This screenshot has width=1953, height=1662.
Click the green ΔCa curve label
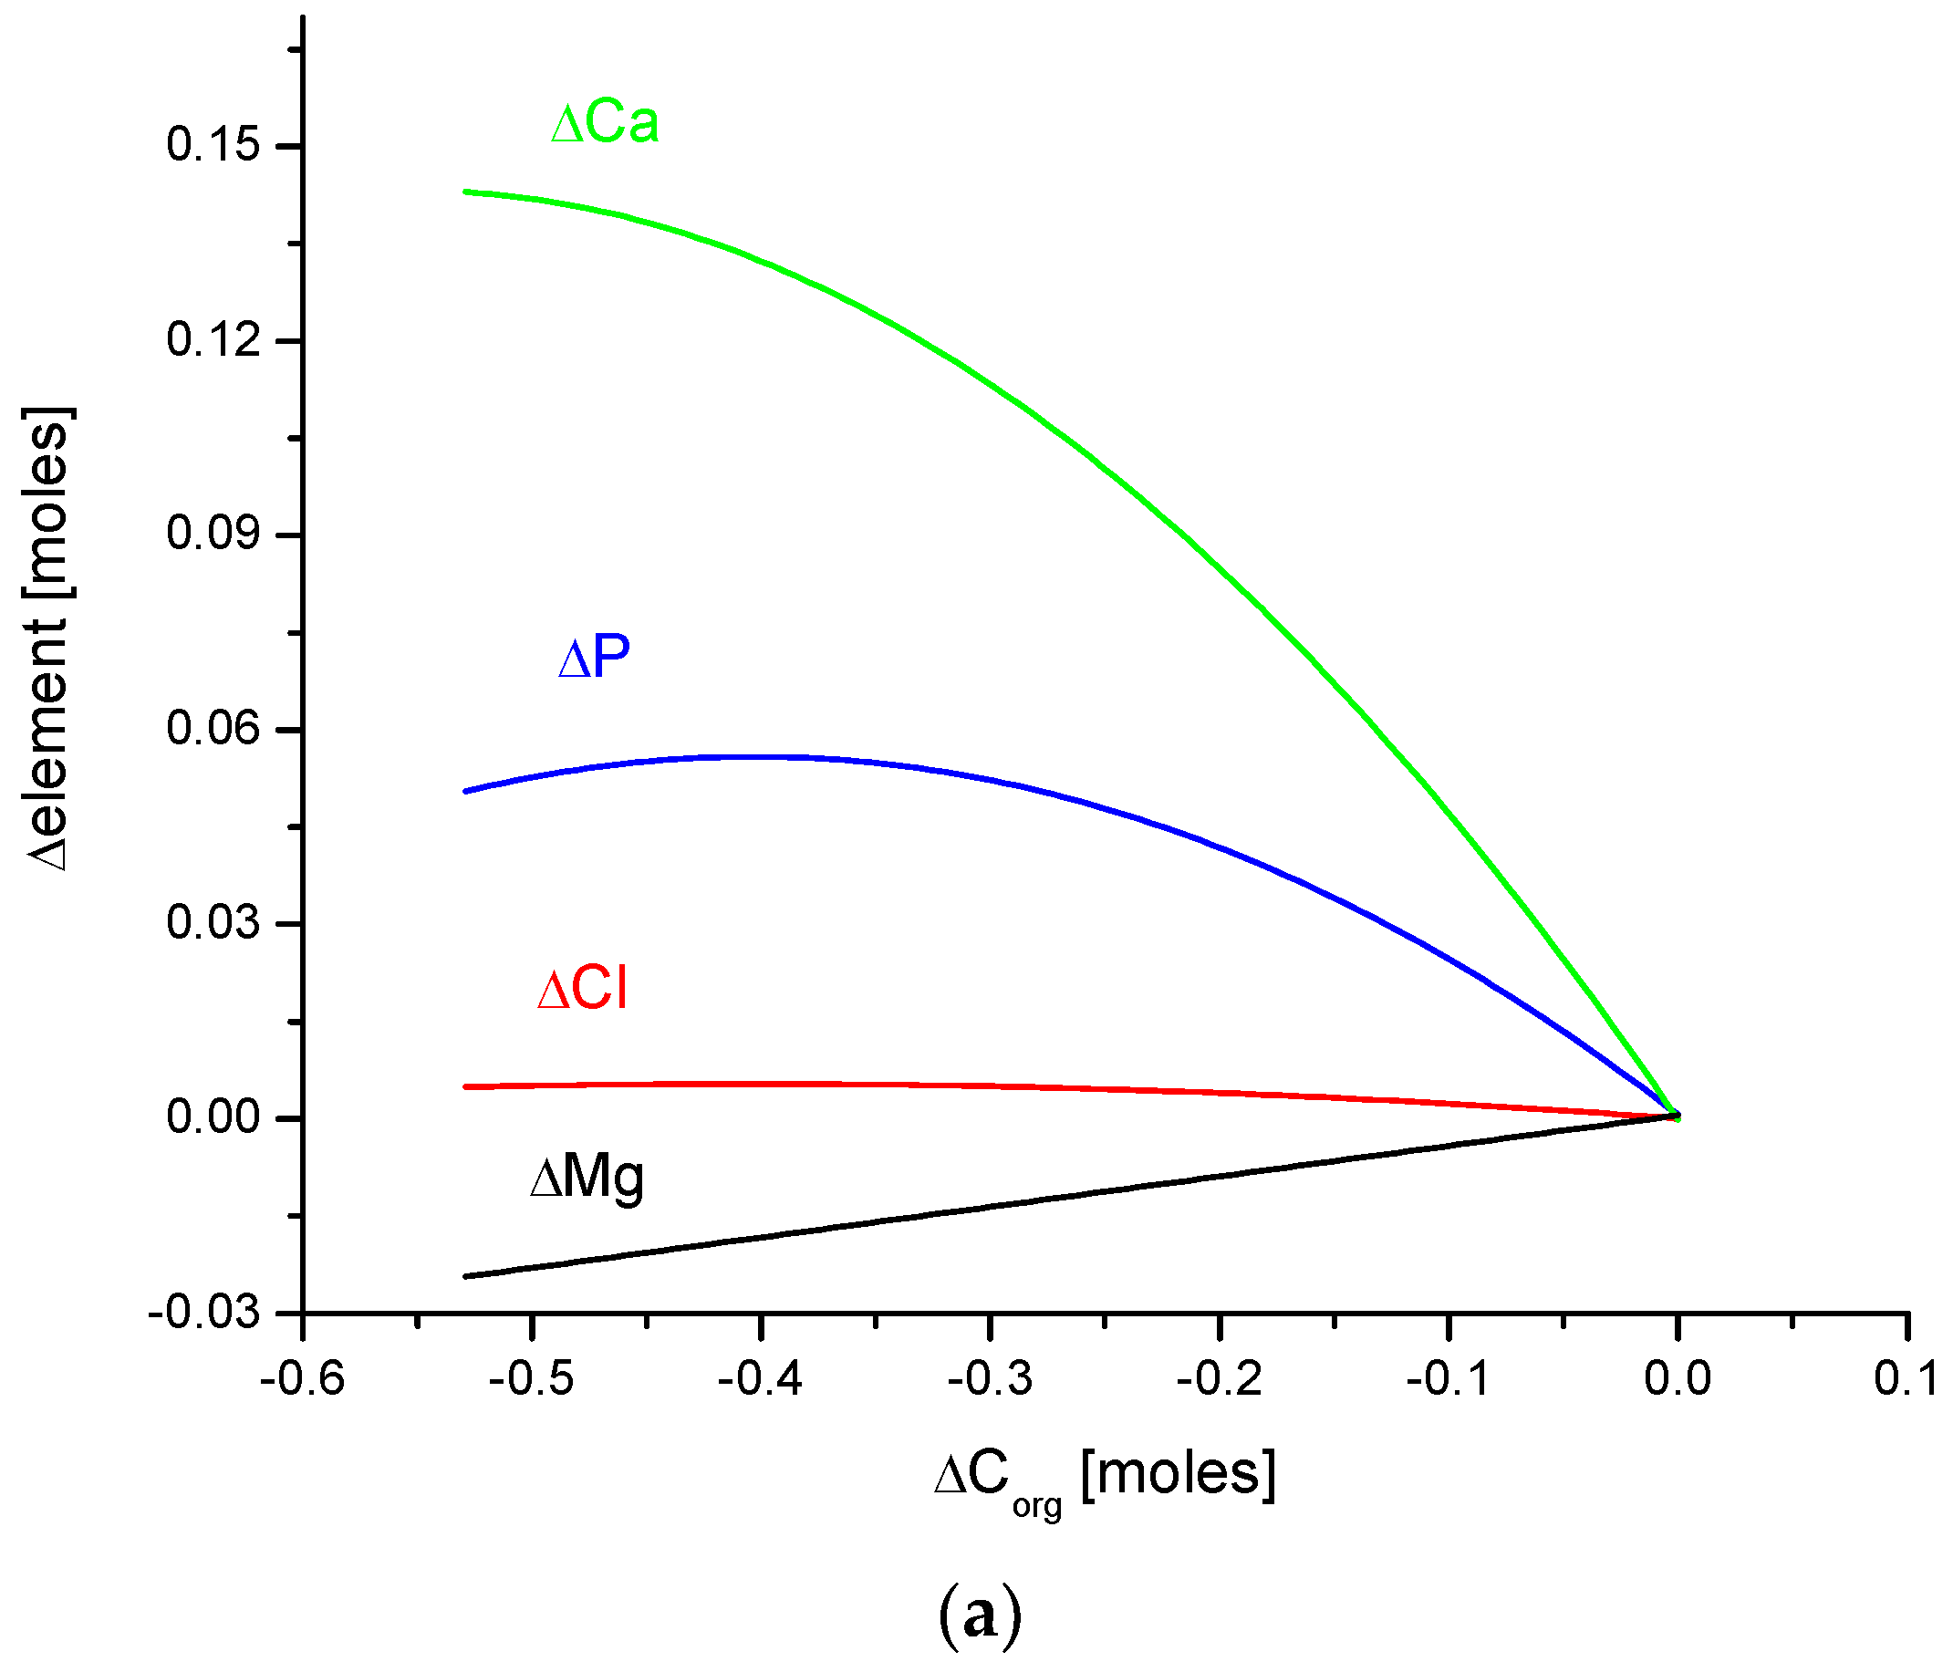(x=604, y=122)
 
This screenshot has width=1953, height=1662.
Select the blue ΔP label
(x=593, y=657)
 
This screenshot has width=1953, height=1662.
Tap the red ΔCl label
(x=581, y=990)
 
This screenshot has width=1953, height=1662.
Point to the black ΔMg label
(x=586, y=1178)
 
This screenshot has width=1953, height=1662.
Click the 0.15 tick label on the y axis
(x=213, y=145)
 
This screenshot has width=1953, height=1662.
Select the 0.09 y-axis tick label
(x=213, y=534)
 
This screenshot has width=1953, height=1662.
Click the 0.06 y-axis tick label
(x=213, y=728)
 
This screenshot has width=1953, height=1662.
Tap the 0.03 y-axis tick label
(x=213, y=922)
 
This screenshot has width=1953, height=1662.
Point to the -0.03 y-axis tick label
(x=203, y=1312)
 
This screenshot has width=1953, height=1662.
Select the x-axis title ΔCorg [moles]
(x=1104, y=1478)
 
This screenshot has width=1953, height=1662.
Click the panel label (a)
(x=980, y=1616)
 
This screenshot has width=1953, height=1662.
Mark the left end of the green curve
(x=465, y=192)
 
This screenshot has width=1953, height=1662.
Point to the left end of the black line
(x=465, y=1277)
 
